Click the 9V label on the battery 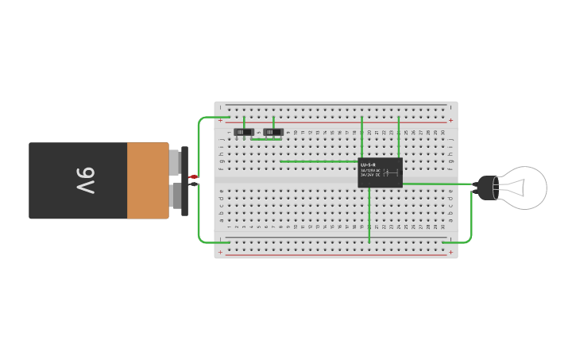[x=85, y=181]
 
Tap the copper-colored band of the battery [x=148, y=180]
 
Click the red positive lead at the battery [x=193, y=176]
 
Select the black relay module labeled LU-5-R [x=380, y=172]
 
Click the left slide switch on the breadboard [x=245, y=131]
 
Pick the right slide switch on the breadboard [x=273, y=131]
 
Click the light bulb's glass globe [x=520, y=188]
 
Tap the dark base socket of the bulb [x=483, y=188]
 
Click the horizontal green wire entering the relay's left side [x=318, y=161]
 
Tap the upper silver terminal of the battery [x=176, y=164]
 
